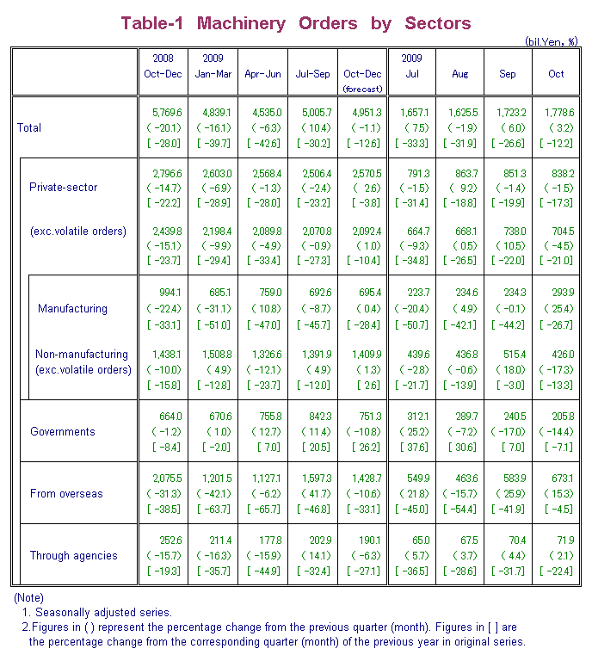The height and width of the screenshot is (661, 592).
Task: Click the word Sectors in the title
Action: (437, 23)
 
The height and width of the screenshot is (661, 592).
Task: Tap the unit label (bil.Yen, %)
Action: (551, 41)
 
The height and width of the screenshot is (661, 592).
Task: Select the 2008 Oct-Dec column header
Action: (163, 65)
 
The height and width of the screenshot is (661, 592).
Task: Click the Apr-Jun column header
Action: (262, 74)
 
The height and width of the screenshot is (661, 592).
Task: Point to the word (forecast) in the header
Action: (362, 89)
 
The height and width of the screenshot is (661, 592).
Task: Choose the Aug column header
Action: (460, 74)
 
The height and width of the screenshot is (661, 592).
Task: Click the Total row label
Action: (29, 127)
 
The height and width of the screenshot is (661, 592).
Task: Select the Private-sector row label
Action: (63, 187)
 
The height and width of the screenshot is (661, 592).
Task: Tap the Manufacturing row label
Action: (72, 309)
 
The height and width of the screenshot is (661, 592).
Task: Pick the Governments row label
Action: (62, 431)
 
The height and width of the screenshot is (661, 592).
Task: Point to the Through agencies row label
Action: (73, 555)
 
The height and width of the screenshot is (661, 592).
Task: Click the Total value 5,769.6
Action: (163, 113)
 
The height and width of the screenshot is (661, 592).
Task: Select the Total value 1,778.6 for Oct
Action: (556, 113)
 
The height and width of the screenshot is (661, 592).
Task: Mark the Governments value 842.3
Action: (313, 416)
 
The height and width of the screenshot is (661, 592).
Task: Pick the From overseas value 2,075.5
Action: (163, 478)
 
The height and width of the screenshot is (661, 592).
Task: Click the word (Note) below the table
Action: (28, 597)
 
